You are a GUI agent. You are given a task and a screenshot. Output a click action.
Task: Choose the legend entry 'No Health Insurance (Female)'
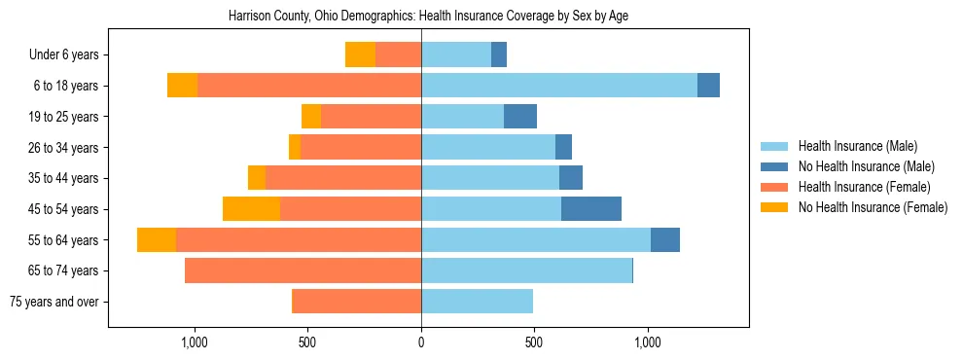coord(873,207)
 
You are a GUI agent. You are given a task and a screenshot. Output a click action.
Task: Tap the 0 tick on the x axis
coord(421,342)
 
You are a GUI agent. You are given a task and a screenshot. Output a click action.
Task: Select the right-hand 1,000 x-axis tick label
coord(648,342)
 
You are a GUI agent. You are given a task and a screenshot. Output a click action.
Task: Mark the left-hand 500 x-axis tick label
coord(307,342)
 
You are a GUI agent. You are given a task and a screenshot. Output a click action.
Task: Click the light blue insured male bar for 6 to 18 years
coord(559,86)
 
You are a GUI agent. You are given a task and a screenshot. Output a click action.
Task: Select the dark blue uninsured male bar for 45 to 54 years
coord(591,209)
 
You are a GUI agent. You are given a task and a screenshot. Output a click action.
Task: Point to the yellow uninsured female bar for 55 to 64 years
coord(157,240)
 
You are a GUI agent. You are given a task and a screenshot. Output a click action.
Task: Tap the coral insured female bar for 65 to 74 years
coord(303,270)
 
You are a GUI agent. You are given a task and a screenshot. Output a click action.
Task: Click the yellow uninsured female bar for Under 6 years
coord(360,54)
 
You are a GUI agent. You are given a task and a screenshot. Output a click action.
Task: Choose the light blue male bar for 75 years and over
coord(477,302)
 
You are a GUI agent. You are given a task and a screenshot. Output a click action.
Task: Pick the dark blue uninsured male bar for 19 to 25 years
coord(520,117)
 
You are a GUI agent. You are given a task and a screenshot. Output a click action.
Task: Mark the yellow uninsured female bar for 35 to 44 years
coord(257,178)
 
